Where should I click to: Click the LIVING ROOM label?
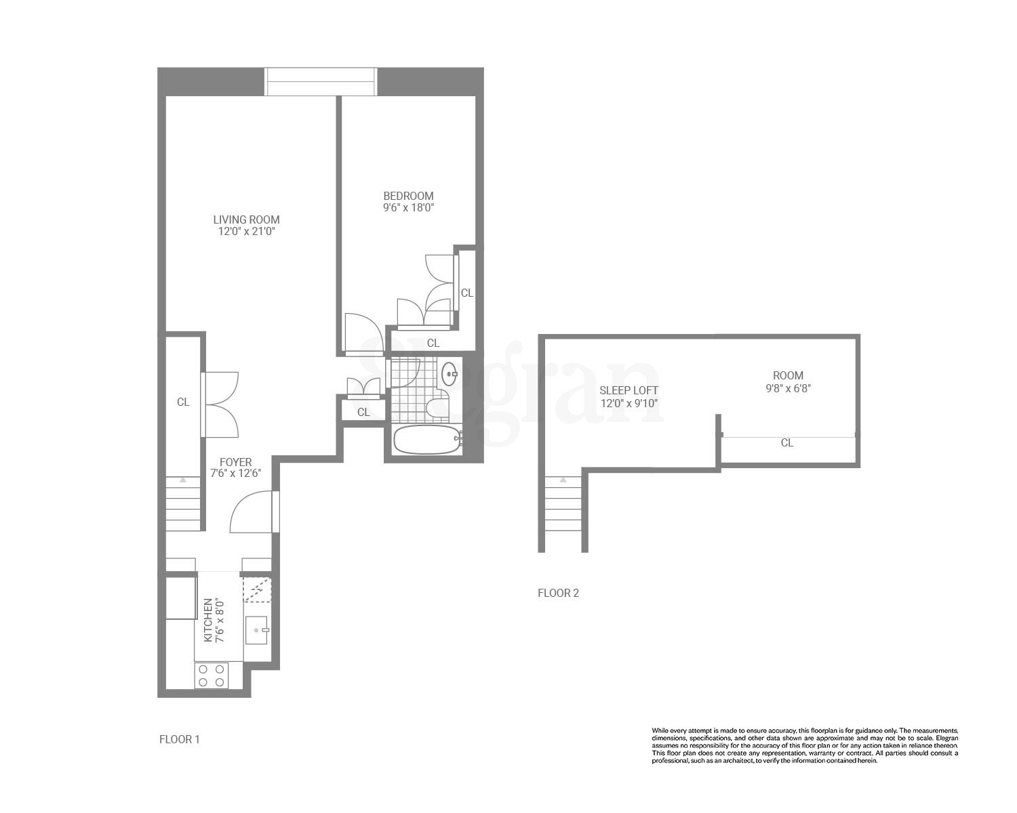(x=246, y=220)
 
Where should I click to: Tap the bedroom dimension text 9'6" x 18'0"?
(x=408, y=208)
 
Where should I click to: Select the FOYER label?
(x=235, y=462)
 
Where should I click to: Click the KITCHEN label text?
(x=208, y=620)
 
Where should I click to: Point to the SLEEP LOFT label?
(x=629, y=390)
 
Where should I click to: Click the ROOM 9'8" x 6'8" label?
(x=788, y=381)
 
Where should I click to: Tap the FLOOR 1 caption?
(x=180, y=739)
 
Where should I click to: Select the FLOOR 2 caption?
(x=558, y=593)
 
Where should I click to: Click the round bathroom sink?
(x=449, y=373)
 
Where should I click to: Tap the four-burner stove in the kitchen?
(x=211, y=675)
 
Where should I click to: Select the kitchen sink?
(x=257, y=630)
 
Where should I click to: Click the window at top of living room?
(x=321, y=82)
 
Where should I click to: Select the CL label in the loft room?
(x=786, y=443)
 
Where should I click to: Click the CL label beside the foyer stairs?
(x=183, y=402)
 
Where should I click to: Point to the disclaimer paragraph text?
(x=805, y=745)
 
